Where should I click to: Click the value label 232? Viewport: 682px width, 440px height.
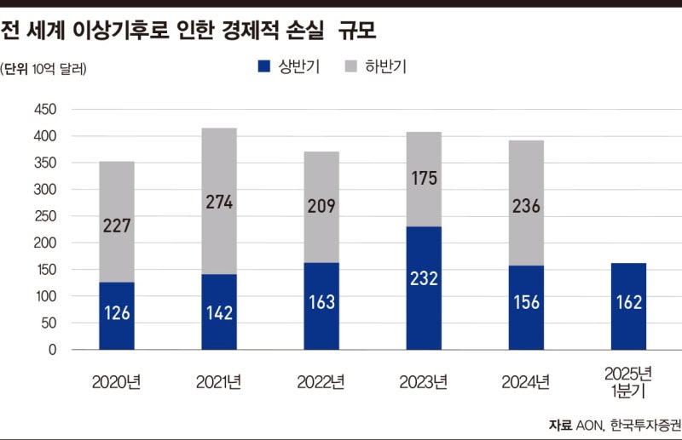(x=424, y=302)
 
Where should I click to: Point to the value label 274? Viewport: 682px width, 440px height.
(x=219, y=203)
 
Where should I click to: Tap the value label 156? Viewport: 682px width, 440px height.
(x=526, y=302)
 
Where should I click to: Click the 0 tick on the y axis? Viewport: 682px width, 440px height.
(x=52, y=350)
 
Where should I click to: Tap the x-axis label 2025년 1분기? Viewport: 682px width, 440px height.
(x=627, y=381)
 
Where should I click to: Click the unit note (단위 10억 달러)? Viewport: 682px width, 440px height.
(x=43, y=68)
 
